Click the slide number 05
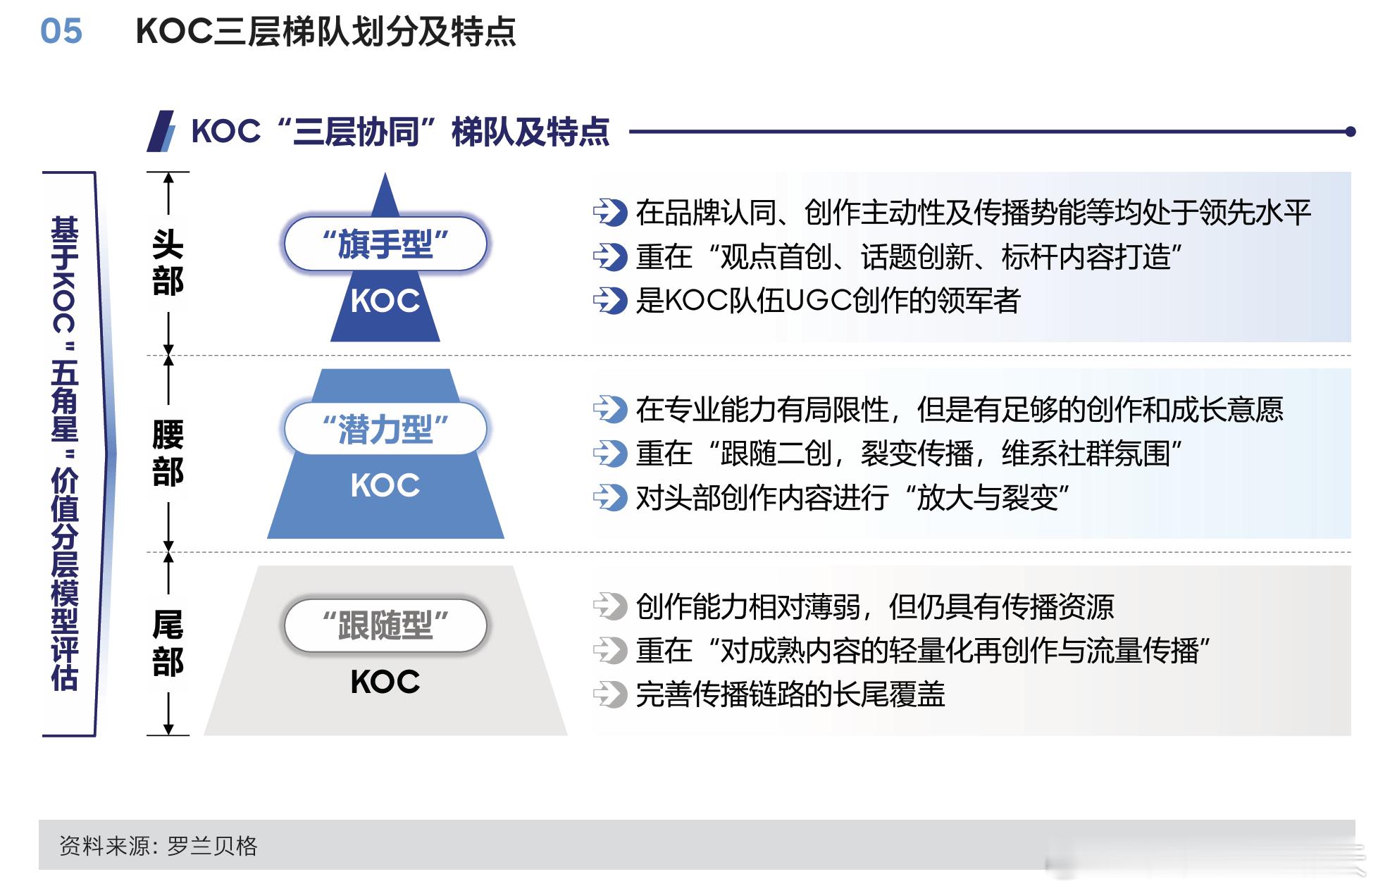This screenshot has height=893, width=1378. tap(61, 31)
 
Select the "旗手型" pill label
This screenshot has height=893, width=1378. tap(385, 244)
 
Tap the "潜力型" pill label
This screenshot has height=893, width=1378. tap(385, 428)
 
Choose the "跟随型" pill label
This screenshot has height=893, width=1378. tap(385, 625)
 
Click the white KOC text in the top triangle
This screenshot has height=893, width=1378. tap(385, 301)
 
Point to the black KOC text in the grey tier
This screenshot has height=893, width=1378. tap(385, 682)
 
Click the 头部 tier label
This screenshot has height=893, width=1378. tap(168, 263)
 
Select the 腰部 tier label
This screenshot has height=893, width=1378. tap(168, 454)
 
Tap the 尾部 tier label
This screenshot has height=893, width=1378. tap(168, 644)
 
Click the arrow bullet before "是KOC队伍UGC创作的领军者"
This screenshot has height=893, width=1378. tap(609, 301)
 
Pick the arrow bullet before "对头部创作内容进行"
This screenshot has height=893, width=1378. tap(609, 497)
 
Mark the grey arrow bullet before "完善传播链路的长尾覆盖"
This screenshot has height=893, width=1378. tap(609, 694)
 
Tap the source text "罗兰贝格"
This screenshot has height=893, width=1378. tap(212, 846)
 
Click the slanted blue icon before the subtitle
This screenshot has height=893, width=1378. tap(161, 131)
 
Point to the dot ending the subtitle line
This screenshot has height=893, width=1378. tap(1350, 131)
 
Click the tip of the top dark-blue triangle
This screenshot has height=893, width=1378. tap(385, 173)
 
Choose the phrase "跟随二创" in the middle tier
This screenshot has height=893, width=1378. tap(776, 454)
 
